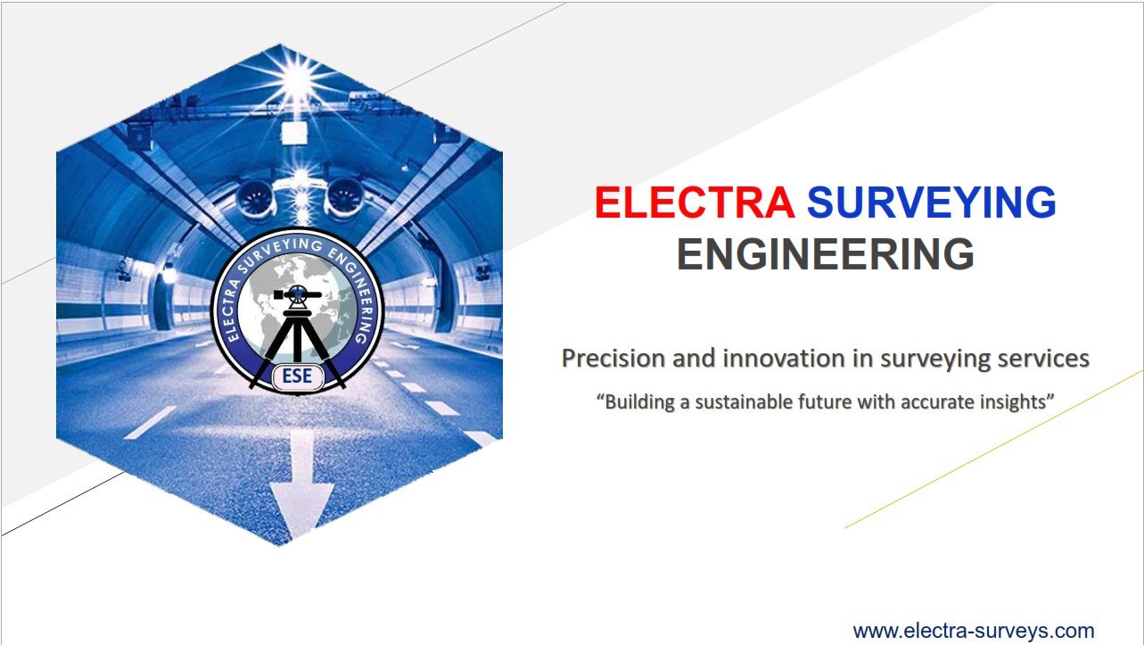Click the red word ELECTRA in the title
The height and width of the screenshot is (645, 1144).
(x=695, y=203)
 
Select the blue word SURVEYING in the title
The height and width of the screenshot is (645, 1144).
(x=932, y=203)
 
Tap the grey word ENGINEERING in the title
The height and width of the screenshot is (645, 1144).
(x=826, y=254)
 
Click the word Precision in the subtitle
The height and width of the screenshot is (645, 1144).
(x=613, y=359)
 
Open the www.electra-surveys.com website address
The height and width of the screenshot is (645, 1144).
(x=974, y=632)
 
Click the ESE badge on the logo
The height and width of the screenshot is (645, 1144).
(x=297, y=376)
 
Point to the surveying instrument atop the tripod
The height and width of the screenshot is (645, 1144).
(x=297, y=296)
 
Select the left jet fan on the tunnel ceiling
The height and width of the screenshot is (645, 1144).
(x=255, y=198)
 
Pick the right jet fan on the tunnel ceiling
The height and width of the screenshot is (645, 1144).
(x=345, y=196)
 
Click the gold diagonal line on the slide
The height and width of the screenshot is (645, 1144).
(x=994, y=449)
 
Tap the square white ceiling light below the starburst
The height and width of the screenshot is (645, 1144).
(x=294, y=133)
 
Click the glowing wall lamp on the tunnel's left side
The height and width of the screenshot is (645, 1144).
(x=169, y=275)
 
